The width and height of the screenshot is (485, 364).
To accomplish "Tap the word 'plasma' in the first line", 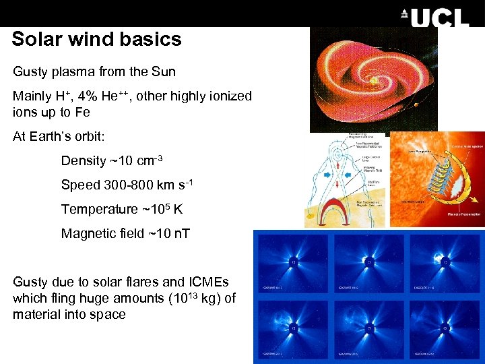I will [x=74, y=71].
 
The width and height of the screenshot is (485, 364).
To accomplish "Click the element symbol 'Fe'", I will [x=82, y=112].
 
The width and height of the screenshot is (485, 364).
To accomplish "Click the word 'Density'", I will [x=84, y=160].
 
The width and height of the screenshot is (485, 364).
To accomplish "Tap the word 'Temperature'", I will [x=99, y=209].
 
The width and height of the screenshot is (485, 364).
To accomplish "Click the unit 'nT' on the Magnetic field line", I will [x=181, y=233].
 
